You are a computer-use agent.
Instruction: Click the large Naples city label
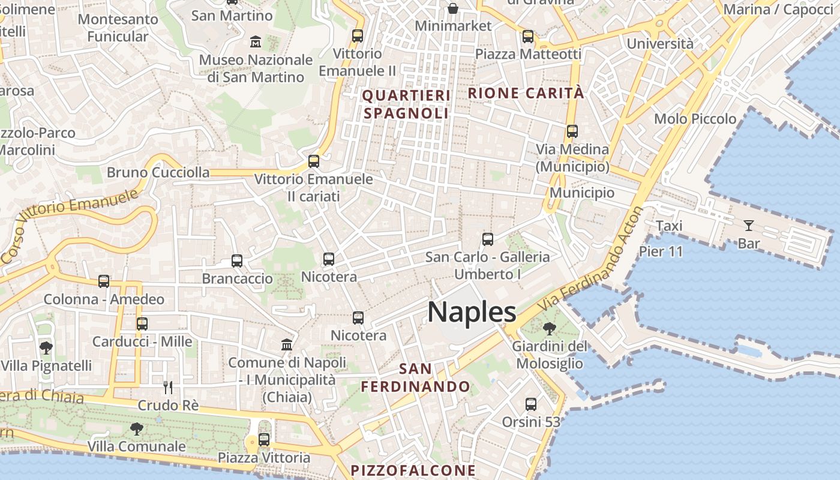472,313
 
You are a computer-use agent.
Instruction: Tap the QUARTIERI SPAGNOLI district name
406,104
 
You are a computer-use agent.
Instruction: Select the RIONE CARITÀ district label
526,93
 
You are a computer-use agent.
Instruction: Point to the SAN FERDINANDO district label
415,377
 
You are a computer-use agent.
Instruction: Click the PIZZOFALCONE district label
413,470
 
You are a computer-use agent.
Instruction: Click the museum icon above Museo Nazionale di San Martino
256,42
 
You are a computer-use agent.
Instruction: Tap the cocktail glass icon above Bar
749,226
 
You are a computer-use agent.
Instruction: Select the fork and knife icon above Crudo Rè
168,388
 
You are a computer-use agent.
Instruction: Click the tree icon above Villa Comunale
137,428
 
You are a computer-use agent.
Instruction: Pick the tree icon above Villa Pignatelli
46,347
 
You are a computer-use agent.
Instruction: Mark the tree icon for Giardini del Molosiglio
549,328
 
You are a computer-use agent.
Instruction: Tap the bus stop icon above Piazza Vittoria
264,440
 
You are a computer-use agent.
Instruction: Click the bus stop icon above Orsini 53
531,404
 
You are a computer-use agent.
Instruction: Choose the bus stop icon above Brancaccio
237,261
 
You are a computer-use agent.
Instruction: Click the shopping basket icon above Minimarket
453,8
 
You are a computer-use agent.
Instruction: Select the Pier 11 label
661,251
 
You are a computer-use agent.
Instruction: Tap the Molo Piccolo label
695,119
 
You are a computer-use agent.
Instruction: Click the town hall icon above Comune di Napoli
287,345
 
